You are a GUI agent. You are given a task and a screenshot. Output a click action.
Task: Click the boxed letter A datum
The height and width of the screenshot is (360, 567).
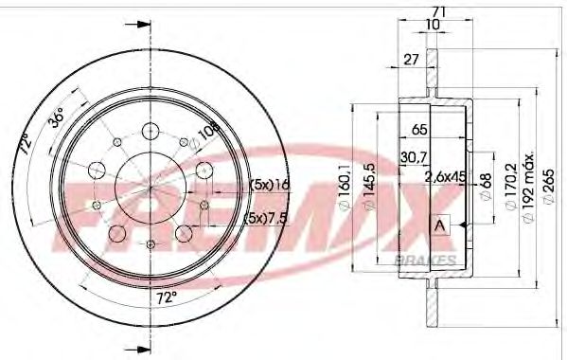[x=439, y=225]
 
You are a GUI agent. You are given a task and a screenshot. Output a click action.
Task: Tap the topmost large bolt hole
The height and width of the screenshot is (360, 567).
[x=151, y=132]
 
